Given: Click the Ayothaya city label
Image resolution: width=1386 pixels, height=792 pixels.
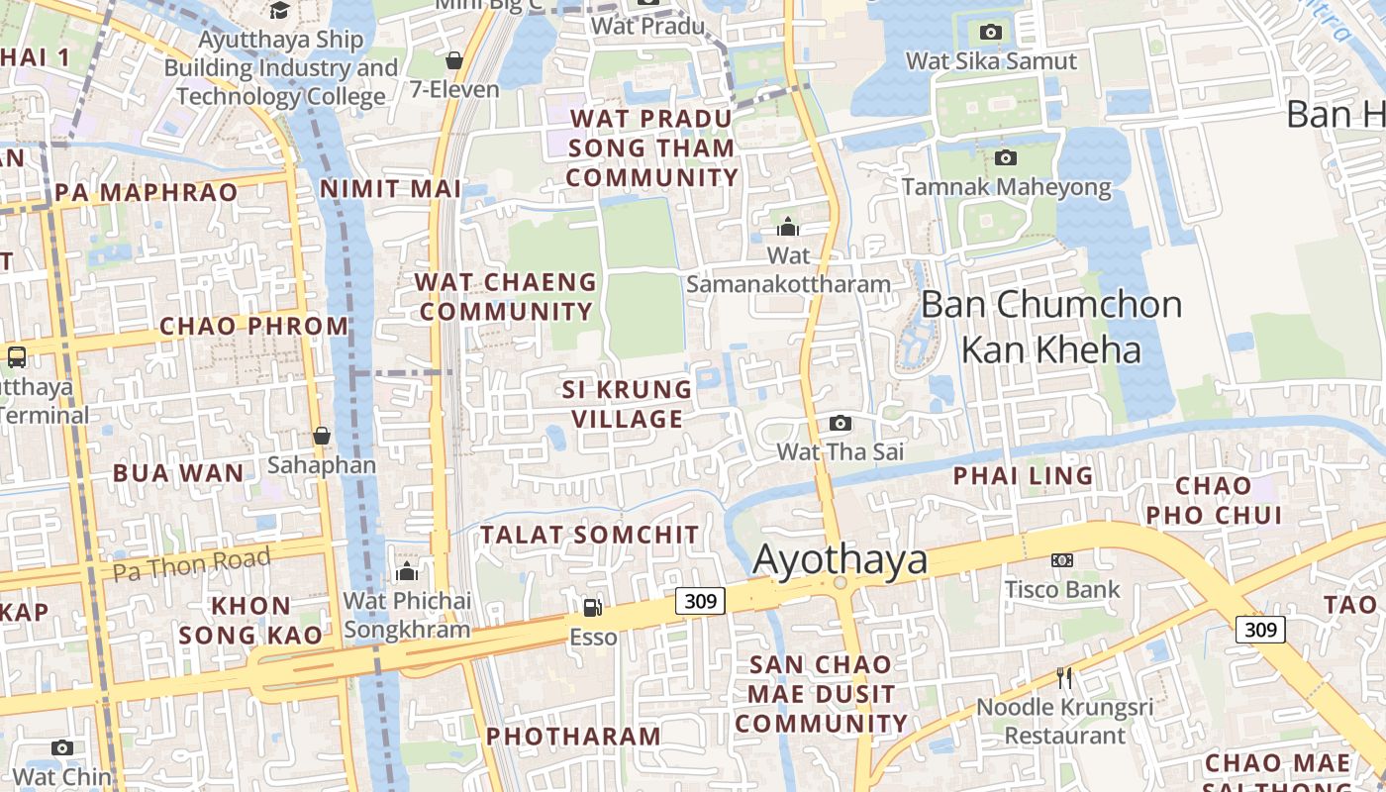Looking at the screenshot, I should [841, 559].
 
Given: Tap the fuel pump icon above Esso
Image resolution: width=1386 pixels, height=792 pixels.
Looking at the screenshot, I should [592, 607].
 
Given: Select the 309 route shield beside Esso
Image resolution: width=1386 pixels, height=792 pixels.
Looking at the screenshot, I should [701, 600].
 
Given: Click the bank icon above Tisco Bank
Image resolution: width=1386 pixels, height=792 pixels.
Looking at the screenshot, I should [1062, 560].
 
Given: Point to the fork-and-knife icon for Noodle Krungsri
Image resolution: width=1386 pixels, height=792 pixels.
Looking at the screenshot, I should [1064, 678].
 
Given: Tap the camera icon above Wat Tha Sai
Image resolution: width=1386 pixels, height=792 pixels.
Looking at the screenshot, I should [840, 424].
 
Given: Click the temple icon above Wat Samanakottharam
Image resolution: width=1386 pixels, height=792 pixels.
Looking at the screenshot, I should [788, 227].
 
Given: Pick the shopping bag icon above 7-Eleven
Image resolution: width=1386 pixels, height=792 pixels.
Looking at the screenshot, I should [454, 61].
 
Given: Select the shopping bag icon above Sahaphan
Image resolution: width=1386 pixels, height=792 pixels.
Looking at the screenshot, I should [322, 436].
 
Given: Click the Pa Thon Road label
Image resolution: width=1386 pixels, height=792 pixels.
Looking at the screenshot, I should [191, 564].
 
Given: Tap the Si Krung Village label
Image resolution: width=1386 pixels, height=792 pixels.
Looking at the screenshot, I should [628, 403].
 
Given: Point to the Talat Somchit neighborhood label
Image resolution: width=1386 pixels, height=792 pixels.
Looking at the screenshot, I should [590, 535].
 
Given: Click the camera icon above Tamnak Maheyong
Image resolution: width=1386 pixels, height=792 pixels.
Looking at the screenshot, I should [1006, 158].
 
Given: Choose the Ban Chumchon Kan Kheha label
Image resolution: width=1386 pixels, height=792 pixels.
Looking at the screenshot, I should [1051, 327].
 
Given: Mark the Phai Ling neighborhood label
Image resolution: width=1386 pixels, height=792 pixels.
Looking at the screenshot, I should [1023, 476].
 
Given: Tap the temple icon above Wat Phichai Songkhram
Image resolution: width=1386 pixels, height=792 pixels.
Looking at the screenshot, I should [406, 572].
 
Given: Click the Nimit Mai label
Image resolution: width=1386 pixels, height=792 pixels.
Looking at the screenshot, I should [391, 189].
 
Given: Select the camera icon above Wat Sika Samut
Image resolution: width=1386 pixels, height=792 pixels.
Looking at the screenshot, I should [991, 33].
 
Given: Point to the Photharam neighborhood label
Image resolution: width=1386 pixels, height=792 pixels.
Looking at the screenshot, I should [573, 737].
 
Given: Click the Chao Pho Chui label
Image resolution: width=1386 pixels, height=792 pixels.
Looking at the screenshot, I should [1214, 500].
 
